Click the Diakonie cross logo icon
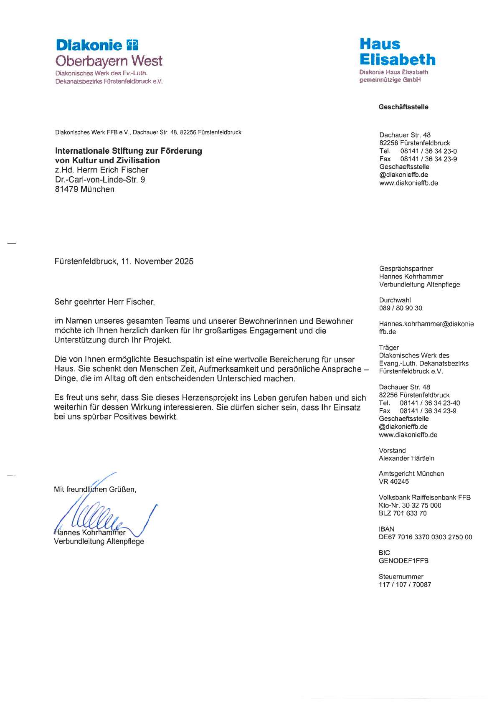tap(132, 44)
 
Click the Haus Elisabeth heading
tap(397, 52)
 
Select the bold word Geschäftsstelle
tap(403, 107)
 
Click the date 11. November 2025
tap(157, 261)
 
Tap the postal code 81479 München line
tap(85, 189)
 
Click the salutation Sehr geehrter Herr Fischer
tap(104, 302)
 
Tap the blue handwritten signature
tap(104, 518)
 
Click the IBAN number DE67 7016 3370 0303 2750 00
tap(425, 537)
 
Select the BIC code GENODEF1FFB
tap(403, 561)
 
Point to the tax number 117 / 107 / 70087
tap(405, 585)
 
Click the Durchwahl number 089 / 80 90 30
tap(401, 308)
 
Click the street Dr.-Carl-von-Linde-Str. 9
tap(100, 180)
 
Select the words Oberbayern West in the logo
tap(109, 61)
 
